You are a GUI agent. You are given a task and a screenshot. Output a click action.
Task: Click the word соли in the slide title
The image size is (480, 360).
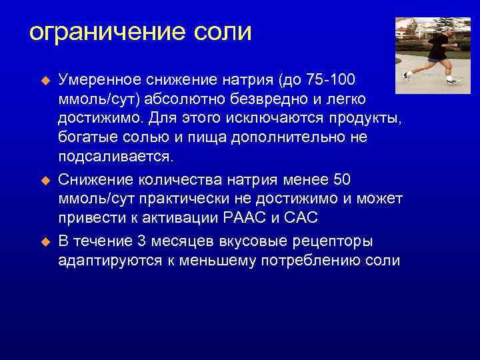pos(225,32)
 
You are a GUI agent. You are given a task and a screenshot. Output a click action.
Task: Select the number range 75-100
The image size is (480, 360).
pos(331,80)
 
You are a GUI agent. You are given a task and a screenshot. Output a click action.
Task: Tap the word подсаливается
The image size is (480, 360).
pos(116,156)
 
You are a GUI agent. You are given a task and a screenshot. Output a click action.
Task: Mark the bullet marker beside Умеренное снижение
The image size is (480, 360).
pos(46,80)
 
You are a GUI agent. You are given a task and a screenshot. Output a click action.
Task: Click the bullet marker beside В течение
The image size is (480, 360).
pos(46,241)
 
